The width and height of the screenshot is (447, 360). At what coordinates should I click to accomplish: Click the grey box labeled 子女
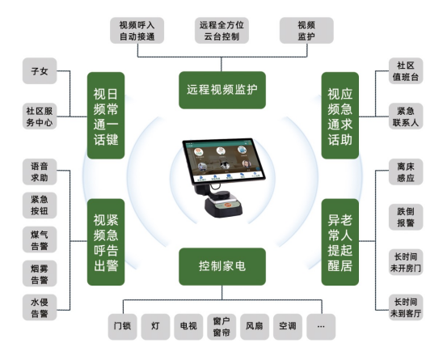[40, 71]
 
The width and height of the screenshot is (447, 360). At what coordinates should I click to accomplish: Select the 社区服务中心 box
[40, 116]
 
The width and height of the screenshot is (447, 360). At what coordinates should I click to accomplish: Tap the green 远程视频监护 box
[222, 90]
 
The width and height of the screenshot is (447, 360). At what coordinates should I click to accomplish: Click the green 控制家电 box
[222, 266]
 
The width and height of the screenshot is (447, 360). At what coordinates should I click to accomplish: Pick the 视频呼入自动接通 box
[137, 31]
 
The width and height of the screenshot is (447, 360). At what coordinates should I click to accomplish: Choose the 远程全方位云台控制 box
[221, 31]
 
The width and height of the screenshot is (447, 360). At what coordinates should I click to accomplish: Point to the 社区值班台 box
[406, 71]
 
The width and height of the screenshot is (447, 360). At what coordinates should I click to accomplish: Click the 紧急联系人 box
[406, 116]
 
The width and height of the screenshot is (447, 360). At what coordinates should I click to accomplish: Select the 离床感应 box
[406, 172]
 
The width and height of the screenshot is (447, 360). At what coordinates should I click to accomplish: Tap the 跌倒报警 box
[406, 217]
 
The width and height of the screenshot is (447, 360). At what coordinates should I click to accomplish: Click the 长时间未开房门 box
[406, 262]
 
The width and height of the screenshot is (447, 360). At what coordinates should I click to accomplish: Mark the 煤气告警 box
[40, 240]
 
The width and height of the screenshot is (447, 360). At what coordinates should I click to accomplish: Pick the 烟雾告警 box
[40, 273]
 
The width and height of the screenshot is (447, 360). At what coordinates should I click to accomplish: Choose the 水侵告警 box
[40, 307]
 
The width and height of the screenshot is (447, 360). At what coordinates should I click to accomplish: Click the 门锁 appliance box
[122, 327]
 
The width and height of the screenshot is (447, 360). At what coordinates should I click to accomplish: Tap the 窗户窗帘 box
[221, 327]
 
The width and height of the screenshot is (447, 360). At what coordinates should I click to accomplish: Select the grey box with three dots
[321, 327]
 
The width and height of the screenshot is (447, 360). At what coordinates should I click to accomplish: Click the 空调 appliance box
[288, 327]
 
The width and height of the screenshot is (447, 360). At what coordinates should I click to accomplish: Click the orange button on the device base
[227, 205]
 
